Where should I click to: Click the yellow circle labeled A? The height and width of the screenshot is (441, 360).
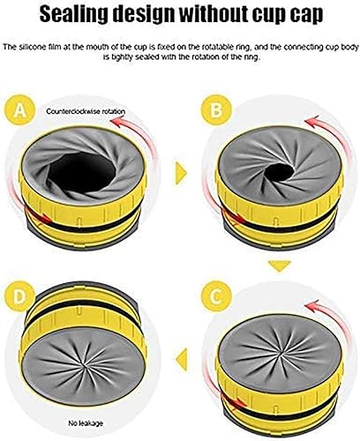[x=20, y=110]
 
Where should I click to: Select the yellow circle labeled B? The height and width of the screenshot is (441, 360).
[x=216, y=110]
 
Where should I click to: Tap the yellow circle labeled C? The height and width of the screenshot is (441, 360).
[x=216, y=296]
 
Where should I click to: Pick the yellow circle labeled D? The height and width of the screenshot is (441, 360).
[x=20, y=296]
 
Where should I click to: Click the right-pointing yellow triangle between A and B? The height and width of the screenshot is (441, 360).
[x=181, y=174]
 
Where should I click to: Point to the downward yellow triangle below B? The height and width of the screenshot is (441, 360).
[x=280, y=265]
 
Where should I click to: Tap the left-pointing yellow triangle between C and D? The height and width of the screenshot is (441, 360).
[x=182, y=359]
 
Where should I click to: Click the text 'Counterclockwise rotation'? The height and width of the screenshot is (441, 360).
[x=86, y=111]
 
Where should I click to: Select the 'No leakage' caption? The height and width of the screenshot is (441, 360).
[x=86, y=423]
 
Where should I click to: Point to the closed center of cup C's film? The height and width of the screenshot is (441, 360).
[x=280, y=353]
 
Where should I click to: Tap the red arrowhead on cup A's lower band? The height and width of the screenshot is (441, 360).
[x=47, y=218]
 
